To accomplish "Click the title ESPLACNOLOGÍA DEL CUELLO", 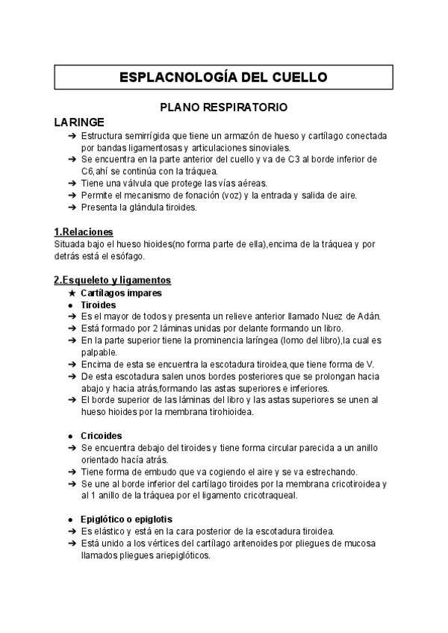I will [x=224, y=77].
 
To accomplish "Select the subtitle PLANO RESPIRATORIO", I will [x=224, y=107].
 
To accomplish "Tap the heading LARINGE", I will [x=79, y=122].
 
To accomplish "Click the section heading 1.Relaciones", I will [x=84, y=231].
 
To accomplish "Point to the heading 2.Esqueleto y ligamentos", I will [x=112, y=280].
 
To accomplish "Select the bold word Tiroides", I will [x=97, y=305].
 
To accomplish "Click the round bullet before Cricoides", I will [x=71, y=436].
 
